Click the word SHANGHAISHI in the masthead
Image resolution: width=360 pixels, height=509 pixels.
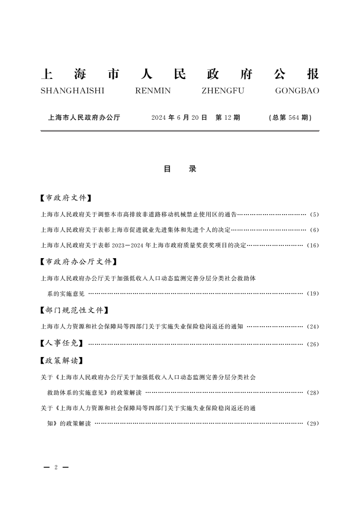72,91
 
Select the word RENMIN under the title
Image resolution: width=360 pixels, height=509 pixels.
153,91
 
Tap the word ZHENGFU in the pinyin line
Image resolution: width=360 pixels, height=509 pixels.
222,91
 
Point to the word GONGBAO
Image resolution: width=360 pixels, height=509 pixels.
297,91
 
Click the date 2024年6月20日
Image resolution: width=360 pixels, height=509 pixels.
179,117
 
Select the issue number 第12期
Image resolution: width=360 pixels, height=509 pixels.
227,117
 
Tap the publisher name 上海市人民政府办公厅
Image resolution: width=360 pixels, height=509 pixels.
84,117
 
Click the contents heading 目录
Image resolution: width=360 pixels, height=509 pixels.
180,169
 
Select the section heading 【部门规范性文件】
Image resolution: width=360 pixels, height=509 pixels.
74,310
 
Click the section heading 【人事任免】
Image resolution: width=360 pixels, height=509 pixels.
62,343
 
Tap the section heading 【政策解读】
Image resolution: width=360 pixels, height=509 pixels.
62,361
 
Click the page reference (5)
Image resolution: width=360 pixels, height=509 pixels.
315,214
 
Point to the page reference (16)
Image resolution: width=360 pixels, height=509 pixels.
313,245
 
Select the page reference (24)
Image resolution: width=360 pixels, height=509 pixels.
313,327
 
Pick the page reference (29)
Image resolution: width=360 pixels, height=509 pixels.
313,424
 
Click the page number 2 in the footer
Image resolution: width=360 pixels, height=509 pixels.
55,467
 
